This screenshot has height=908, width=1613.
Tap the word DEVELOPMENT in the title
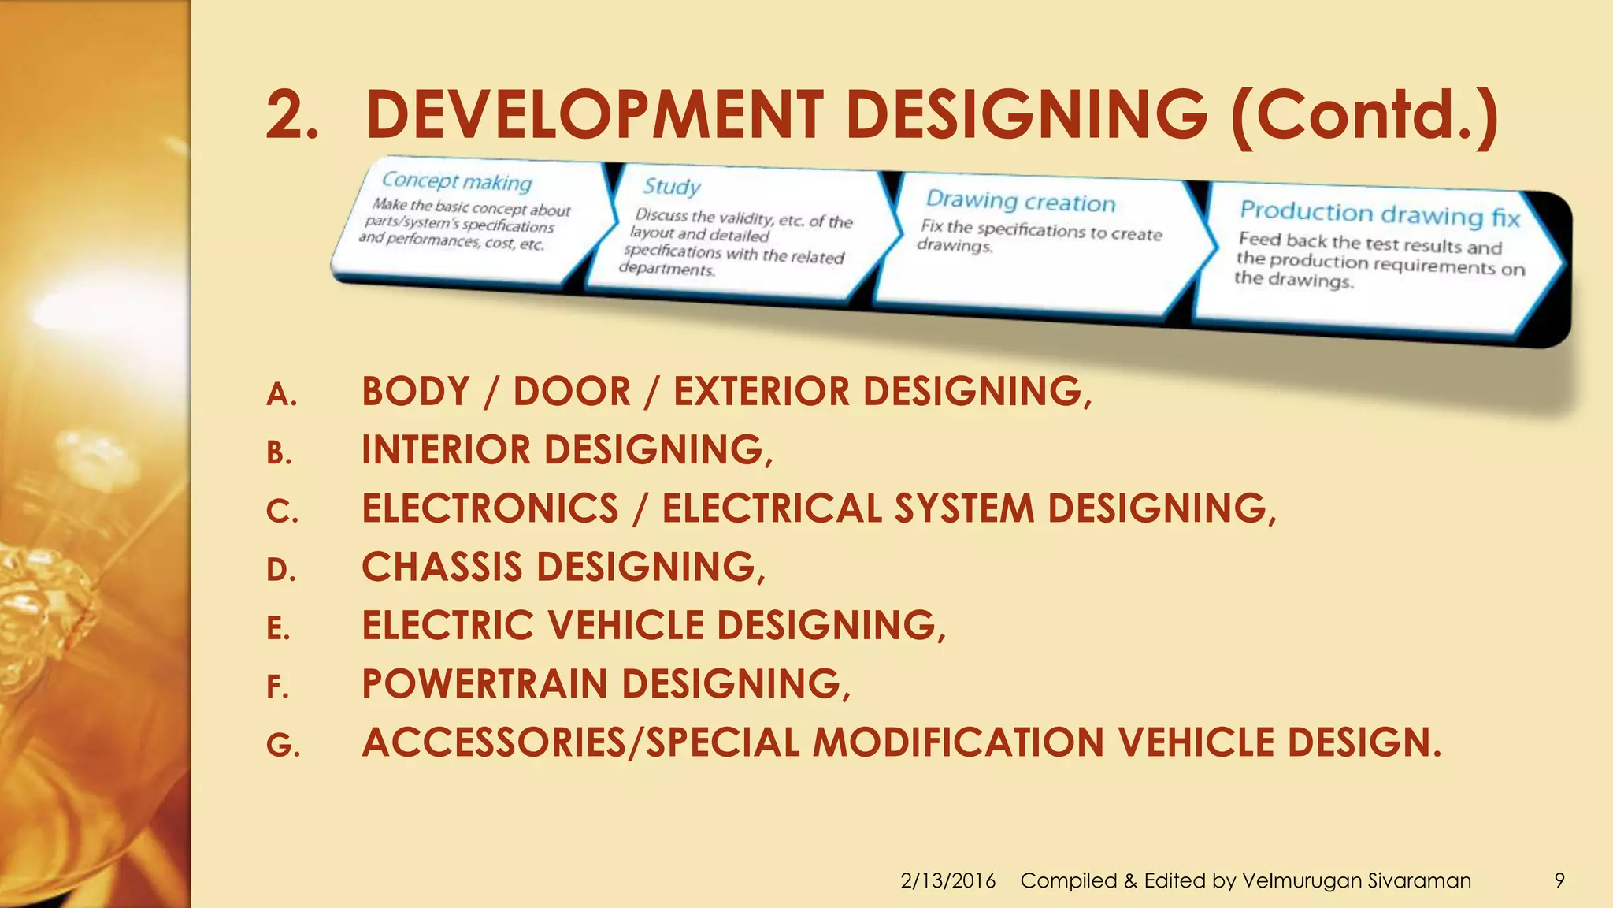click(x=594, y=116)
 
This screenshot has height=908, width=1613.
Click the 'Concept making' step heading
click(x=457, y=181)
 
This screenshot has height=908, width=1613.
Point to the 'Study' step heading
click(x=672, y=187)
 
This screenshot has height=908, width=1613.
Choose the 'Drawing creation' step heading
click(x=1021, y=201)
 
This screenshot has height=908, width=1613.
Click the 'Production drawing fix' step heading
click(x=1380, y=214)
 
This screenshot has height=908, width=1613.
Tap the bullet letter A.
click(x=281, y=395)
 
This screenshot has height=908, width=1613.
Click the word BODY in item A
click(x=416, y=392)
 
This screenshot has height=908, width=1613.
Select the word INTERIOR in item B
click(x=447, y=450)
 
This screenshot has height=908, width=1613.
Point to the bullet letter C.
click(x=281, y=512)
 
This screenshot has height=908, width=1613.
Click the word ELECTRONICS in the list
click(x=490, y=508)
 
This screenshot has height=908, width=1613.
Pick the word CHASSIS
click(x=442, y=567)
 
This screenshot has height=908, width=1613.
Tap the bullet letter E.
click(x=278, y=629)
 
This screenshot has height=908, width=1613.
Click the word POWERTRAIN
click(x=484, y=684)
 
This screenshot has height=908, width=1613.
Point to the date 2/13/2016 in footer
click(x=947, y=880)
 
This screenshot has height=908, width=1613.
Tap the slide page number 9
click(x=1559, y=880)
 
